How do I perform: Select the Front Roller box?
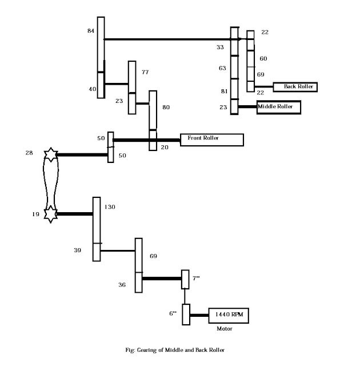[x=212, y=140]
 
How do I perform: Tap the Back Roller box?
[x=294, y=87]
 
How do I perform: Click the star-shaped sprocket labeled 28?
[x=50, y=154]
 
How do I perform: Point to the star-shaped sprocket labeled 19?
[x=50, y=214]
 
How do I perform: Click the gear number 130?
[x=110, y=206]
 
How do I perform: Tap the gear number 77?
[x=145, y=72]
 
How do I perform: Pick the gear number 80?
[x=166, y=107]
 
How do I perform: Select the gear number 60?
[x=263, y=58]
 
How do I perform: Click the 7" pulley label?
[x=196, y=278]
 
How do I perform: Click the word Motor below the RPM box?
[x=225, y=329]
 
